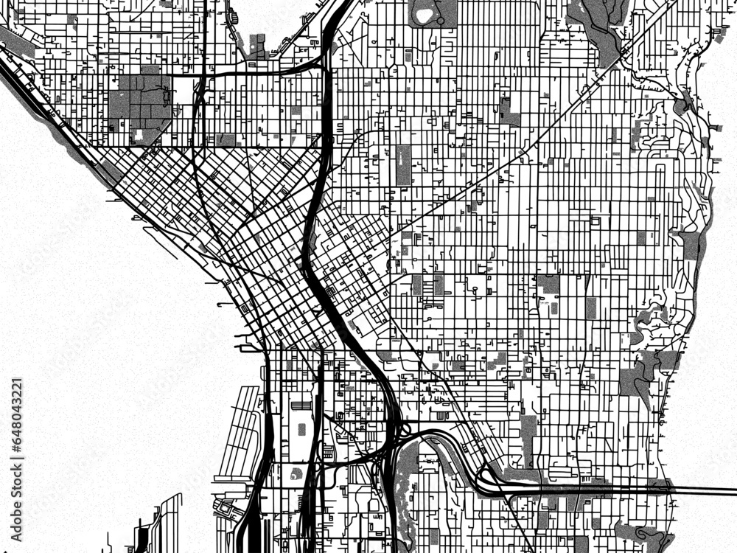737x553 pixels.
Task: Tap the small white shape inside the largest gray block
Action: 139,135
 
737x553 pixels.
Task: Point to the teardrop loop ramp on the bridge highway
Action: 489,476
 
